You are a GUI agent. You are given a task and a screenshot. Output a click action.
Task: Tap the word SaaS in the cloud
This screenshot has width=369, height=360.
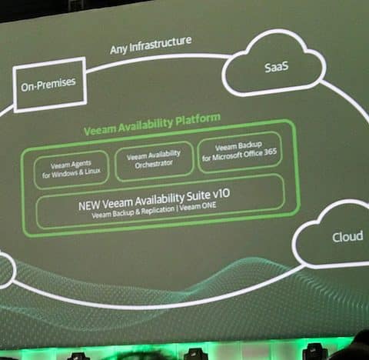point(277,67)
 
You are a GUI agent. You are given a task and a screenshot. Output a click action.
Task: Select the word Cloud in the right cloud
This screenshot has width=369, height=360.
point(347,237)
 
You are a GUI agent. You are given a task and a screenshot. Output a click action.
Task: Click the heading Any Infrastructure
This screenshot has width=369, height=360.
point(151,45)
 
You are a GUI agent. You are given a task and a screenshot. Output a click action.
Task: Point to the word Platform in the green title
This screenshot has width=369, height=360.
point(198,120)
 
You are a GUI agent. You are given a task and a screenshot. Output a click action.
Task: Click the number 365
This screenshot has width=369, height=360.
point(270,152)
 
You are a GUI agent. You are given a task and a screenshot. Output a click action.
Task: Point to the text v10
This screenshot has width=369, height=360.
point(221,194)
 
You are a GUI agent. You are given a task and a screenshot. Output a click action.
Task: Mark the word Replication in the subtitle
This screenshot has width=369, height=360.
point(158,211)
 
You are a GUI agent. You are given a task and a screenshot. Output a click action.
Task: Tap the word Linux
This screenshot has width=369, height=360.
point(92,172)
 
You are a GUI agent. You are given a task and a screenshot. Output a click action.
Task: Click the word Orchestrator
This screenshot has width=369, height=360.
point(154,165)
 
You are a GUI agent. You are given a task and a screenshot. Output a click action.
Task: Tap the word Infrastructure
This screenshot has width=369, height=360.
point(161,44)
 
